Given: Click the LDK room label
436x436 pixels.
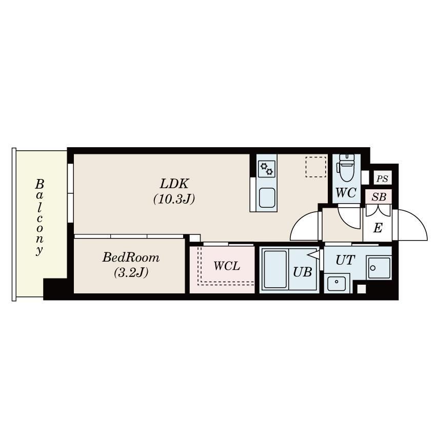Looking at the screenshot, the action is coord(174,184).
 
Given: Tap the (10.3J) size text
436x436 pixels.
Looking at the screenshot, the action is coord(174,199).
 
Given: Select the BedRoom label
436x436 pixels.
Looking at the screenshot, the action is coord(131,257).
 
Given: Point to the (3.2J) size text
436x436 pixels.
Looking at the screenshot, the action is coord(131,272).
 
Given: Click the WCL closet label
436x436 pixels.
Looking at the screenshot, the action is coord(227,266).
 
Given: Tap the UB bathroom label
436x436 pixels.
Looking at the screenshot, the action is coord(303,272).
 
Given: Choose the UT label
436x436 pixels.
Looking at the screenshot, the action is coord(345,260).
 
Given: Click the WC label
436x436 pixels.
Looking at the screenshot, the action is coord(346,193).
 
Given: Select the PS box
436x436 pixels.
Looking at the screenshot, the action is coord(383,178).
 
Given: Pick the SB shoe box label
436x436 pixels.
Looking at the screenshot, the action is coord(379,197).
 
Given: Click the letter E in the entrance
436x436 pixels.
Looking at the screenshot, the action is coord(378,228).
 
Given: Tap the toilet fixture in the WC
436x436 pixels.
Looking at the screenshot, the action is coord(346,168).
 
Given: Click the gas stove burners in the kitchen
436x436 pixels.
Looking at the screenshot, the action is coord(267,169).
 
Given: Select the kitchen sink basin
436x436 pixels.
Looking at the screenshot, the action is coord(267,197).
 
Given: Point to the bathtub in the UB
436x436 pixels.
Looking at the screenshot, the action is coord(275,269).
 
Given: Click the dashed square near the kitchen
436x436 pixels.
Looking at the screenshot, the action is coord(315,167).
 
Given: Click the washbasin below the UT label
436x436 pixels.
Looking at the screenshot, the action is coord(336,283).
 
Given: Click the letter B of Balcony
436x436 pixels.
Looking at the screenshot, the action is coord(39,184).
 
